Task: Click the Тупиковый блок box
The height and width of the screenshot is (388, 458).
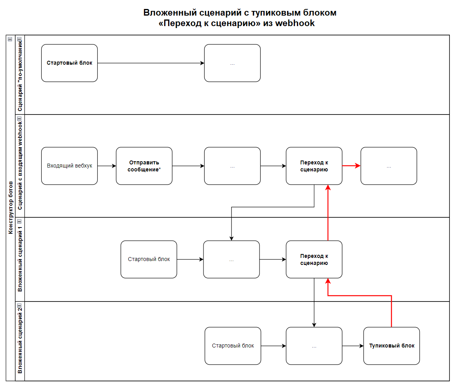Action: pos(391,346)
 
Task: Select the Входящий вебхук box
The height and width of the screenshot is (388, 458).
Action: pos(69,166)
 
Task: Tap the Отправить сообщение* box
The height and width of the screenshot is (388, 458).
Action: pos(144,166)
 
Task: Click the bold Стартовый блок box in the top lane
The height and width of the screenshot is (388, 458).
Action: pos(69,63)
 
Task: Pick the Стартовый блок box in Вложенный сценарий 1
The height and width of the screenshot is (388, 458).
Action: pos(149,259)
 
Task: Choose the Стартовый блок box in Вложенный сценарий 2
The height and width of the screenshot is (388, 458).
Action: pos(233,346)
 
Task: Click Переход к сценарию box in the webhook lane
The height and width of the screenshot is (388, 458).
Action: pos(314,166)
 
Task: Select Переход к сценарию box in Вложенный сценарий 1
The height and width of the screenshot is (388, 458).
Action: pos(314,259)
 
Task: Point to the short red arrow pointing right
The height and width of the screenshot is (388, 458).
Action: pos(351,166)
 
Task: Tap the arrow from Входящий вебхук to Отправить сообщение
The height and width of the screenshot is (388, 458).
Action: pos(107,166)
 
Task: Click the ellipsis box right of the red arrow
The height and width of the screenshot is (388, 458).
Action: pos(389,166)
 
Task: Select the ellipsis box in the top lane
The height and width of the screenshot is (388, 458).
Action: pos(232,63)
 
